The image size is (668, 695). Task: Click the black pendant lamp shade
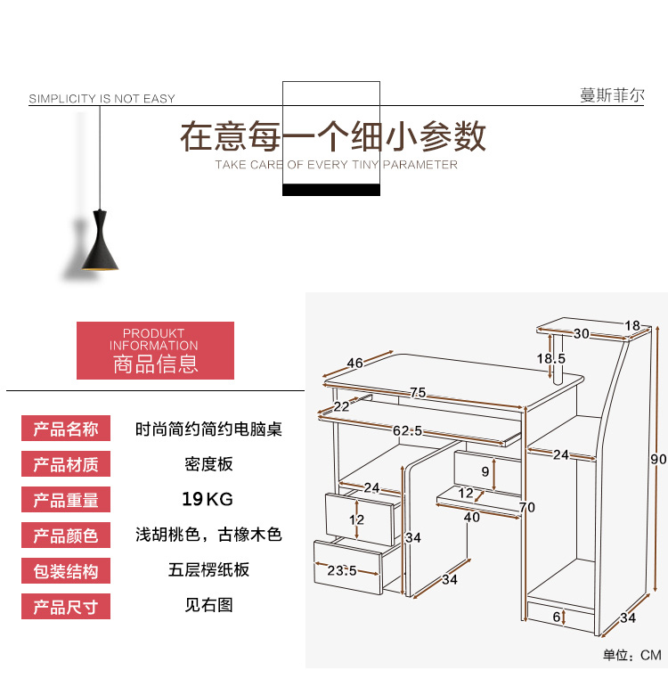coord(100,241)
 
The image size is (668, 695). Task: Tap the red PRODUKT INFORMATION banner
coord(155,350)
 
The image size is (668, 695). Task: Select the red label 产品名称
coord(66,429)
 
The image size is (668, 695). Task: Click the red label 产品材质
coord(66,463)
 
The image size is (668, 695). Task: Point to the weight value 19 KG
coord(208,499)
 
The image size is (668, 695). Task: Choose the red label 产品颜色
coord(66,535)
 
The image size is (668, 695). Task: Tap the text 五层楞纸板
coord(208,570)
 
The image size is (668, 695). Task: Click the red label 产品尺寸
coord(66,607)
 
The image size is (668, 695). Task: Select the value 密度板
coord(208,464)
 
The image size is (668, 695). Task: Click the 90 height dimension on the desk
coord(658,459)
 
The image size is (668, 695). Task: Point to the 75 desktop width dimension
coord(418,392)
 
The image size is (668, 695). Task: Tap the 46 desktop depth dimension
coord(354,363)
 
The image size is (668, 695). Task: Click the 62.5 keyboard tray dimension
coord(408,431)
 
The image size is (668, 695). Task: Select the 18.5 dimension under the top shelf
coord(551,358)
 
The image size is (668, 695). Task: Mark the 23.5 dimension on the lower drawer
coord(341,570)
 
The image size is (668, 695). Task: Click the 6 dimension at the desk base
coord(557,617)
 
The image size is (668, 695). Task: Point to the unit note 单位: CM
coord(632,655)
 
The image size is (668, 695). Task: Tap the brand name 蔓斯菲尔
coord(612,95)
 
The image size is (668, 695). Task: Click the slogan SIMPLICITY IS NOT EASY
coord(102,98)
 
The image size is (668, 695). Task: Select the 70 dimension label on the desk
coord(527,507)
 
